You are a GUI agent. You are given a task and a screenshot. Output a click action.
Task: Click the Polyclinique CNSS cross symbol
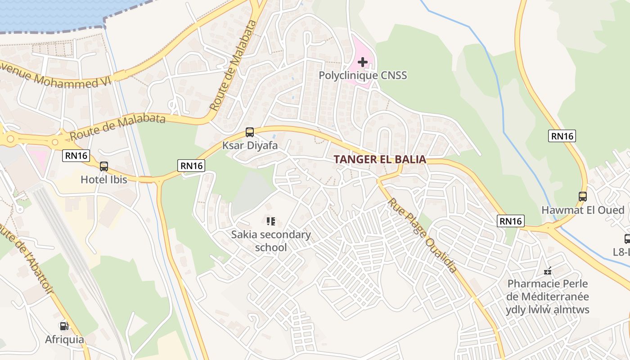pos(363,62)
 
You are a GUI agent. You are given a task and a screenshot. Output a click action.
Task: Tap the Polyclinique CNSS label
pos(363,75)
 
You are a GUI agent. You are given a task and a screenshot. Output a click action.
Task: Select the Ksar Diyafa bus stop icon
pos(250,132)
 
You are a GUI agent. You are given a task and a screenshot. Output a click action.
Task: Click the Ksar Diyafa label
pos(250,146)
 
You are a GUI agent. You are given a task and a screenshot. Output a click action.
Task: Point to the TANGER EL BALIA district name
pos(380,159)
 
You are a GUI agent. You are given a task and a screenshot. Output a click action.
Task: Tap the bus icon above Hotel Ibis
pos(104,166)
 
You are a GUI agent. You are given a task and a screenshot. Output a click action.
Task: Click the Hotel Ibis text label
pos(104,180)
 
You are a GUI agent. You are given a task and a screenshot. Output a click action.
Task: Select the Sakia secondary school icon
pos(271,221)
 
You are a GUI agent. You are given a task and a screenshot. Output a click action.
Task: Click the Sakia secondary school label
pos(271,241)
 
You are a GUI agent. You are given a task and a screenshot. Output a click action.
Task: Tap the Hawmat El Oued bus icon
pos(583,197)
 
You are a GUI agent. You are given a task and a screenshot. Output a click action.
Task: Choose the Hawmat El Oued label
pos(583,210)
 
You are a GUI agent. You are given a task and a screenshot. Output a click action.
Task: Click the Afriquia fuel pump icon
pos(64,326)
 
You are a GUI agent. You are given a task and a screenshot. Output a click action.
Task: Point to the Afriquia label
pos(64,339)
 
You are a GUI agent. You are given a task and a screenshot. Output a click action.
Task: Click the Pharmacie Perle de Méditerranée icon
pos(548,271)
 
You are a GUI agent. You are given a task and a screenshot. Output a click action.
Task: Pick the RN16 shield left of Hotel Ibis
pos(76,156)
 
